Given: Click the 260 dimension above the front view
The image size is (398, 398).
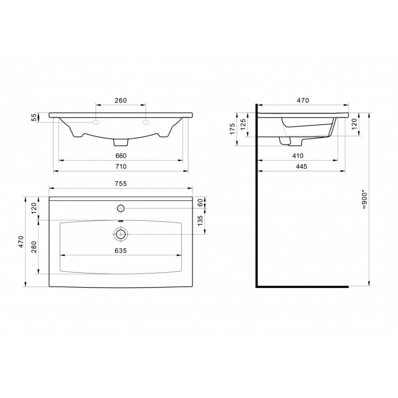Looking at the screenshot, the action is [120, 100].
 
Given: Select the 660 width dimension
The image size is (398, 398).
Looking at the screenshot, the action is [120, 156].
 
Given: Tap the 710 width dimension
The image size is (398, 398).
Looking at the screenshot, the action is [120, 167].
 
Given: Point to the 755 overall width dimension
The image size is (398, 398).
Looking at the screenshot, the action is [120, 184].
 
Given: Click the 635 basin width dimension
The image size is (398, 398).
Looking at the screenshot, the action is [120, 251].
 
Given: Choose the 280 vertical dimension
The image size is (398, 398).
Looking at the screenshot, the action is [34, 247].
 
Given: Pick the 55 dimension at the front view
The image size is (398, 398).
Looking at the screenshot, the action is [34, 117].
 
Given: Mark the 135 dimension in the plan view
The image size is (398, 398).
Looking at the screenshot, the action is [200, 221].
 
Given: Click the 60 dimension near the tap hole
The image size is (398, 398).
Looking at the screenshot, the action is [200, 202].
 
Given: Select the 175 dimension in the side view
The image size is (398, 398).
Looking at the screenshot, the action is [232, 129].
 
